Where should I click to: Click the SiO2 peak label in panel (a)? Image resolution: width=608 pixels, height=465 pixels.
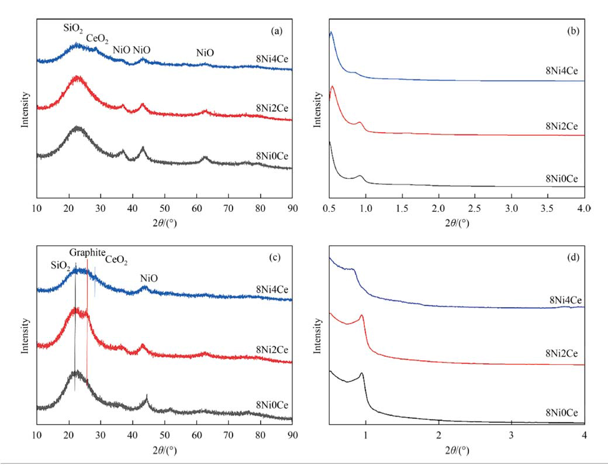click(74, 27)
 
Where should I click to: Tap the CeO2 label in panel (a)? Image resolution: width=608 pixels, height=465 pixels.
click(97, 39)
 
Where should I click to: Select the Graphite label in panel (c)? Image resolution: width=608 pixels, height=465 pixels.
click(87, 253)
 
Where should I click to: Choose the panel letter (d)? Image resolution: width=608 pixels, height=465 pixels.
click(573, 257)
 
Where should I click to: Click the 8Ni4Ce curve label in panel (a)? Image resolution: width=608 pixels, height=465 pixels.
click(267, 58)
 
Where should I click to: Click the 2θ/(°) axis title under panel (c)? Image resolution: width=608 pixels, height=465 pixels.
click(164, 451)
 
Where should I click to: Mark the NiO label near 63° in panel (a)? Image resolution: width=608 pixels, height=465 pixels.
click(205, 53)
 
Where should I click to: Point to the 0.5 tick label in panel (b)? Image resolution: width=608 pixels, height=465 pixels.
click(329, 208)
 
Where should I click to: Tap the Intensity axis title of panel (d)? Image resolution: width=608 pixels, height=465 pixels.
click(317, 339)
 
